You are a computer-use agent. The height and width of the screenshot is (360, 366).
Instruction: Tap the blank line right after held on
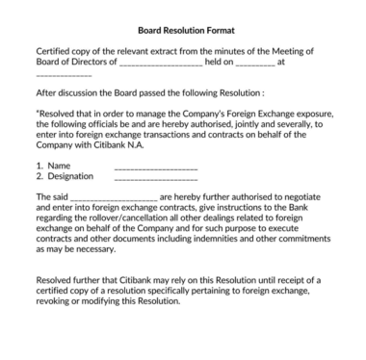pos(254,63)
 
